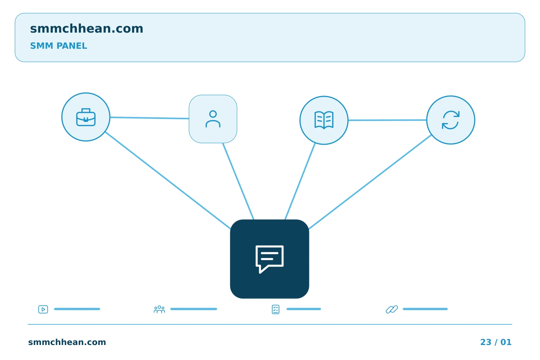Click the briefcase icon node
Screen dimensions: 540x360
click(86, 117)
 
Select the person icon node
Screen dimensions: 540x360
click(213, 119)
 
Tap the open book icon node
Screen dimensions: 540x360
click(324, 120)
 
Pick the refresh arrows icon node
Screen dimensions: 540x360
click(451, 120)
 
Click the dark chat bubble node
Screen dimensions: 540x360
click(270, 259)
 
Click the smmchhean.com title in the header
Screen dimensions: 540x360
click(87, 29)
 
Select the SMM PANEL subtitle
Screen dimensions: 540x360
click(58, 46)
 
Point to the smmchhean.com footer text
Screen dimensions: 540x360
click(67, 342)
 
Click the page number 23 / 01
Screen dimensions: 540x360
click(496, 342)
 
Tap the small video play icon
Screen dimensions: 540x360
click(43, 309)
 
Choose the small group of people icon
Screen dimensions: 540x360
click(159, 309)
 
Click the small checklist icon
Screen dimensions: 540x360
click(276, 309)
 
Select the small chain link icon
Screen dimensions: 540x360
click(392, 309)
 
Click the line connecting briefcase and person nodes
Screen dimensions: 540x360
click(150, 118)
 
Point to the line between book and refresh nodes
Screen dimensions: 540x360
click(387, 120)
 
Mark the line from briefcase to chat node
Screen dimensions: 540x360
click(168, 180)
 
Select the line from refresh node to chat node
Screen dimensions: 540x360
click(370, 182)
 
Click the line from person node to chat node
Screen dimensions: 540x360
click(238, 181)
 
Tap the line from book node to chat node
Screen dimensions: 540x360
click(300, 181)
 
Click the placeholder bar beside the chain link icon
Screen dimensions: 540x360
click(425, 309)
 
